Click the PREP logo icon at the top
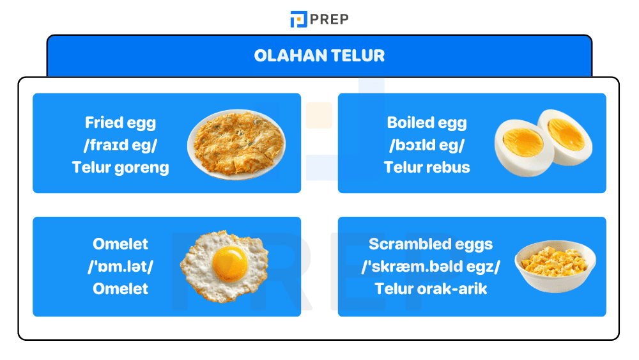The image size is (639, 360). pyautogui.click(x=298, y=19)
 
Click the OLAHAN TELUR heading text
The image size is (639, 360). pyautogui.click(x=319, y=56)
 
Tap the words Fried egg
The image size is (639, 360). pyautogui.click(x=120, y=123)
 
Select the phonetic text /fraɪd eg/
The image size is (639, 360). pyautogui.click(x=120, y=145)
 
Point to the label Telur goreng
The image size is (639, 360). pyautogui.click(x=120, y=168)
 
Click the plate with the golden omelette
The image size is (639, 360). pyautogui.click(x=236, y=145)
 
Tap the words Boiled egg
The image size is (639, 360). pyautogui.click(x=426, y=123)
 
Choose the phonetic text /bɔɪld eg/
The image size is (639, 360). pyautogui.click(x=426, y=145)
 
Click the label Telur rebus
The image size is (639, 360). pyautogui.click(x=426, y=168)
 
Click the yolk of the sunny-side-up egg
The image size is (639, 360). pyautogui.click(x=231, y=261)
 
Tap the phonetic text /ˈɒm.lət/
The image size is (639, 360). pyautogui.click(x=120, y=266)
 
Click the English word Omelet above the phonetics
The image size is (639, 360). pyautogui.click(x=120, y=244)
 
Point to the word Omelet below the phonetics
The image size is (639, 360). pyautogui.click(x=120, y=288)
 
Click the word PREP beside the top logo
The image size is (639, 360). pyautogui.click(x=330, y=19)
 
